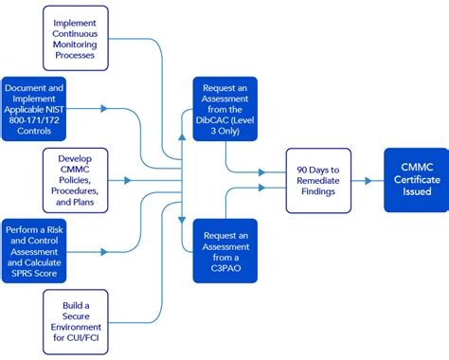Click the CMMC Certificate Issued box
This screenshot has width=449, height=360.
tap(416, 179)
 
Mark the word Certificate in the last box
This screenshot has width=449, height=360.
tap(416, 179)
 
